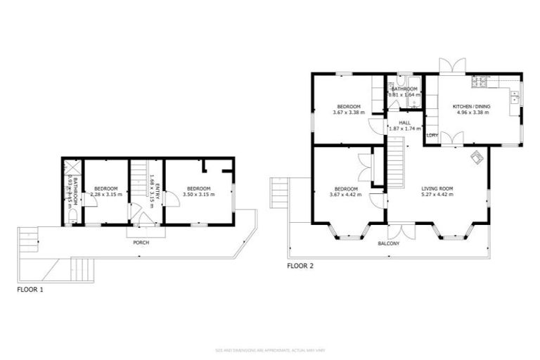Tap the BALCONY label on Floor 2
tap(389, 243)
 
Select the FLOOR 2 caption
tap(301, 266)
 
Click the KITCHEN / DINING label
tap(473, 106)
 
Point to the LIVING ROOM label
tap(437, 188)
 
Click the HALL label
tap(404, 122)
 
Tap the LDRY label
tap(432, 135)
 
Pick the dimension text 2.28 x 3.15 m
tap(107, 194)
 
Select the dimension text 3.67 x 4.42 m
tap(347, 195)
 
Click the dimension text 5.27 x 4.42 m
tap(437, 195)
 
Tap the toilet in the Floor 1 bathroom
tap(73, 219)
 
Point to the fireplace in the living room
tap(477, 157)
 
